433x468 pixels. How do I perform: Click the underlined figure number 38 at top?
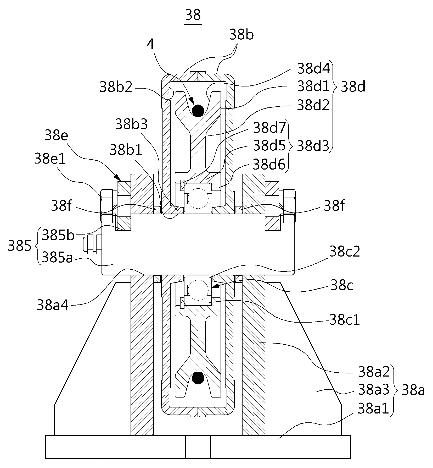193,15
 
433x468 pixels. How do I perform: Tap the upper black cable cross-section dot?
198,110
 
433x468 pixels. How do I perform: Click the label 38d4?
313,69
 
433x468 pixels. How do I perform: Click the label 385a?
57,257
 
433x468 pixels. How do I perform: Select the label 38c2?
345,252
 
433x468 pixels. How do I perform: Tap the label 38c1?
345,319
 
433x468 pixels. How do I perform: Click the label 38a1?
373,409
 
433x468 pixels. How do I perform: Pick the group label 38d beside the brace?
353,87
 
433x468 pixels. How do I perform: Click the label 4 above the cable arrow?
150,45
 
